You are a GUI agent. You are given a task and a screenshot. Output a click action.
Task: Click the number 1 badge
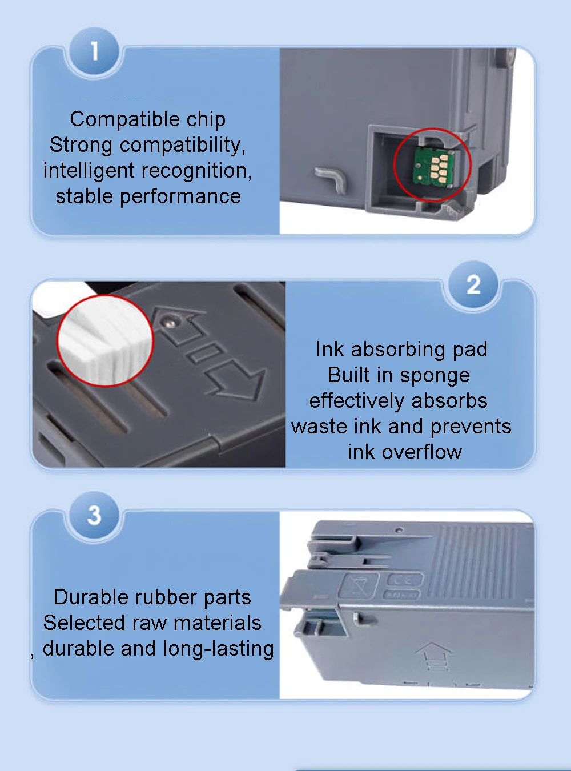point(94,51)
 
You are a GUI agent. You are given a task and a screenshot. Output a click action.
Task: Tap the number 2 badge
point(473,285)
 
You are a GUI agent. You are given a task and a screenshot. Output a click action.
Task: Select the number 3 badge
point(94,515)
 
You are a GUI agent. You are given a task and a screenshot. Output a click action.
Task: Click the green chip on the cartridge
point(435,166)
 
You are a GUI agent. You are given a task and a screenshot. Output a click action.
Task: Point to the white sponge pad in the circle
point(106,341)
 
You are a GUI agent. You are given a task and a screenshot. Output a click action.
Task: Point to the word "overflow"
point(422,452)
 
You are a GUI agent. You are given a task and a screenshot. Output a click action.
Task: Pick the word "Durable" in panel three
point(91,597)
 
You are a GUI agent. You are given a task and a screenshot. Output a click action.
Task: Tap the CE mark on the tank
point(405,580)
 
